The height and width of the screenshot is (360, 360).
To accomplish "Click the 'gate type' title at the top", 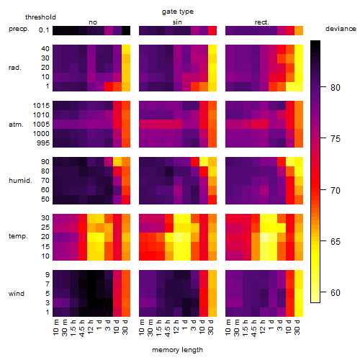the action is point(178,12).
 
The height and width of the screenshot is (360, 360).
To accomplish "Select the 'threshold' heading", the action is point(40,17).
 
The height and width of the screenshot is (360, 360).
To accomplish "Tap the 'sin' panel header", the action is point(177,22).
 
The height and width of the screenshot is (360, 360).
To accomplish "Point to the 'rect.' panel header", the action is point(261,22).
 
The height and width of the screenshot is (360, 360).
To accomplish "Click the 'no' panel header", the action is point(93,22).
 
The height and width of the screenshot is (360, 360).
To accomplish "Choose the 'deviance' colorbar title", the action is point(341,29).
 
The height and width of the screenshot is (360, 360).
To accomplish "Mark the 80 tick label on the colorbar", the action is point(336,88).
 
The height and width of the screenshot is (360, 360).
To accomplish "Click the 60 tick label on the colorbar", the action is point(336,293).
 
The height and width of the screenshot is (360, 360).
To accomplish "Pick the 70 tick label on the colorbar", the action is point(336,191).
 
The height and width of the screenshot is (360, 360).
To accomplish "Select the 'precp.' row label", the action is point(19,29).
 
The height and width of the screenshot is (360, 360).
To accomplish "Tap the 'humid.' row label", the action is point(20,181).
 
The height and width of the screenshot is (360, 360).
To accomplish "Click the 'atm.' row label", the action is point(16,125).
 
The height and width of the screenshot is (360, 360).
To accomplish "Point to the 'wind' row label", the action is point(17,294).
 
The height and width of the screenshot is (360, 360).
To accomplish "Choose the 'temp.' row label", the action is point(18,236).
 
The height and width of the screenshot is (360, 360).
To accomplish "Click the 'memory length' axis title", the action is point(177,350).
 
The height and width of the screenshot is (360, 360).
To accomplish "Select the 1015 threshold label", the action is point(41,106).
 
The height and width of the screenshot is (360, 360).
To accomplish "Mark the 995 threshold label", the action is point(43,143).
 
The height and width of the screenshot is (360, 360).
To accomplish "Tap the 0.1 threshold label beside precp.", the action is point(44,30).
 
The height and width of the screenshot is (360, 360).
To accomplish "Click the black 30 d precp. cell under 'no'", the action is point(126,30).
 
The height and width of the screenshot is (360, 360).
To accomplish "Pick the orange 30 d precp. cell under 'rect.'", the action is point(299,30).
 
